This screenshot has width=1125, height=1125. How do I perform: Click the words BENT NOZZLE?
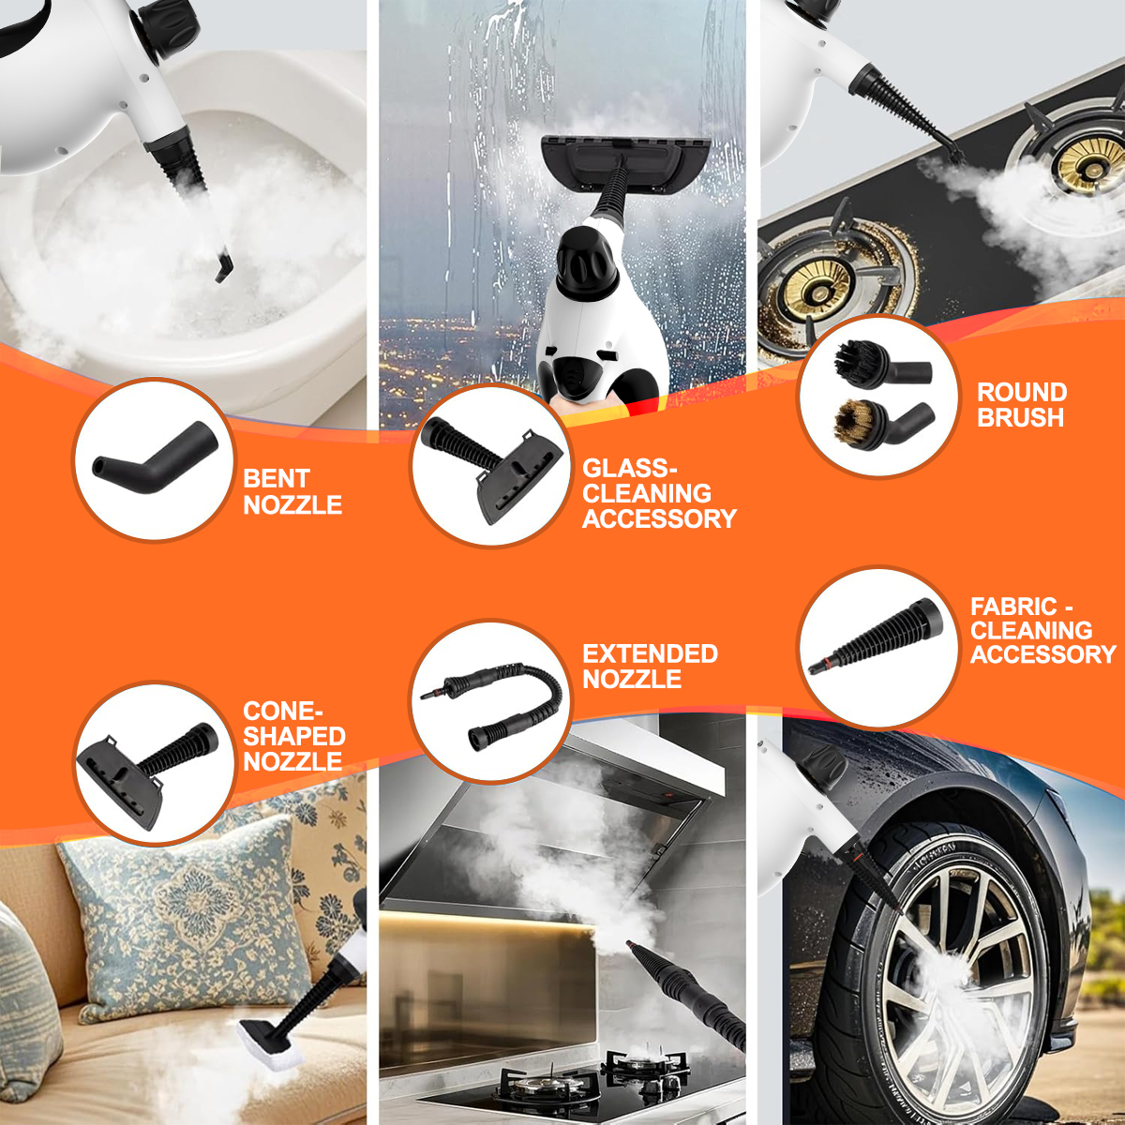pyautogui.click(x=292, y=491)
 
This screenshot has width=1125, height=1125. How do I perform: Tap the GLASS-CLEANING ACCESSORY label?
pyautogui.click(x=659, y=493)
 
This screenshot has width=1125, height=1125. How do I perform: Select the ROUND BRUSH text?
pyautogui.click(x=1022, y=405)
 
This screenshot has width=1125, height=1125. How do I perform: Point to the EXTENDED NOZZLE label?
pyautogui.click(x=650, y=667)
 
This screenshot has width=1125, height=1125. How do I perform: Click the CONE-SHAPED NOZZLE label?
pyautogui.click(x=293, y=736)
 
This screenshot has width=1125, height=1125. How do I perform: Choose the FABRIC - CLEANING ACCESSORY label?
pyautogui.click(x=1043, y=631)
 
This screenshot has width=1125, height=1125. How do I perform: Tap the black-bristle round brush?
pyautogui.click(x=882, y=362)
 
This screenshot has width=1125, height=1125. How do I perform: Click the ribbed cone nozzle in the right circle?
pyautogui.click(x=876, y=637)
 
